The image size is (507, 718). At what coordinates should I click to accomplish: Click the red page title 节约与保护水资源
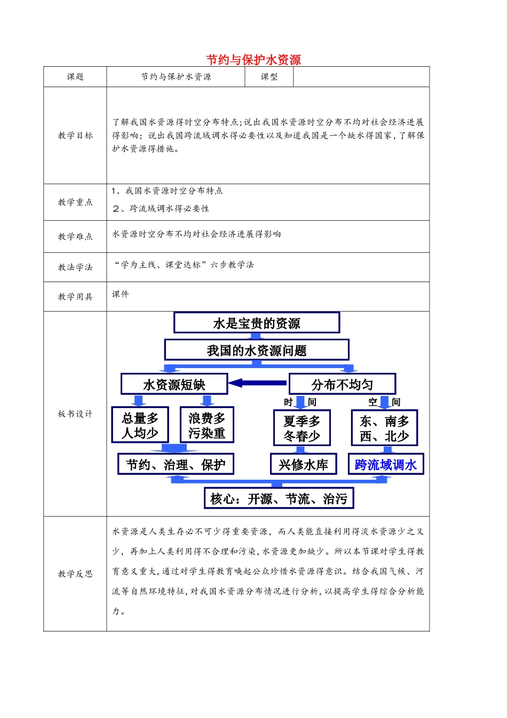[x=253, y=60]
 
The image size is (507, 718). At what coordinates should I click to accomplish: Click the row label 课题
[x=75, y=77]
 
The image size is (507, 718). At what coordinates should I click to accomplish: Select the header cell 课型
[x=269, y=77]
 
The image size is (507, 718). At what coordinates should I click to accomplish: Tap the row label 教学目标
[x=75, y=136]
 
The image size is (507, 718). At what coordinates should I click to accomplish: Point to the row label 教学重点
[x=75, y=202]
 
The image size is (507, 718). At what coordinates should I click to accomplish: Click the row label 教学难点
[x=75, y=236]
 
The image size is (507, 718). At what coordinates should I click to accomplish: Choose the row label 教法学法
[x=75, y=267]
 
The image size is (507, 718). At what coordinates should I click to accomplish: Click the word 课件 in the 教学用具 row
[x=121, y=294]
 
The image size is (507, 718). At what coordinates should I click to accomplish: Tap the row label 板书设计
[x=75, y=414]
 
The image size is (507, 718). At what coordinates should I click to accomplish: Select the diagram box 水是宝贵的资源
[x=257, y=323]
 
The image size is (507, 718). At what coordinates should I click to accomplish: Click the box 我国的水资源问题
[x=257, y=350]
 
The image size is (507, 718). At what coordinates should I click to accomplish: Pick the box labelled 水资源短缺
[x=174, y=385]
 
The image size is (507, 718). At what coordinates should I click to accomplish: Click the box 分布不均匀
[x=342, y=385]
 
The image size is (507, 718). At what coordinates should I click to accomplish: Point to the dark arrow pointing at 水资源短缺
[x=258, y=383]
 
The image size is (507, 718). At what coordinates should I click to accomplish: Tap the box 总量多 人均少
[x=140, y=425]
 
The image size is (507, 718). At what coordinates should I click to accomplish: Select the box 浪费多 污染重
[x=207, y=425]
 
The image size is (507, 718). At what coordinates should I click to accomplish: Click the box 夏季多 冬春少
[x=302, y=428]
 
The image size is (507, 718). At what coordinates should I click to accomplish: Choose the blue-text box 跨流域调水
[x=385, y=465]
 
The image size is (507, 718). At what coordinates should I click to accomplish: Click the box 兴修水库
[x=303, y=465]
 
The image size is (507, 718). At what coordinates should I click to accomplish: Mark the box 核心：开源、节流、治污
[x=279, y=499]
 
